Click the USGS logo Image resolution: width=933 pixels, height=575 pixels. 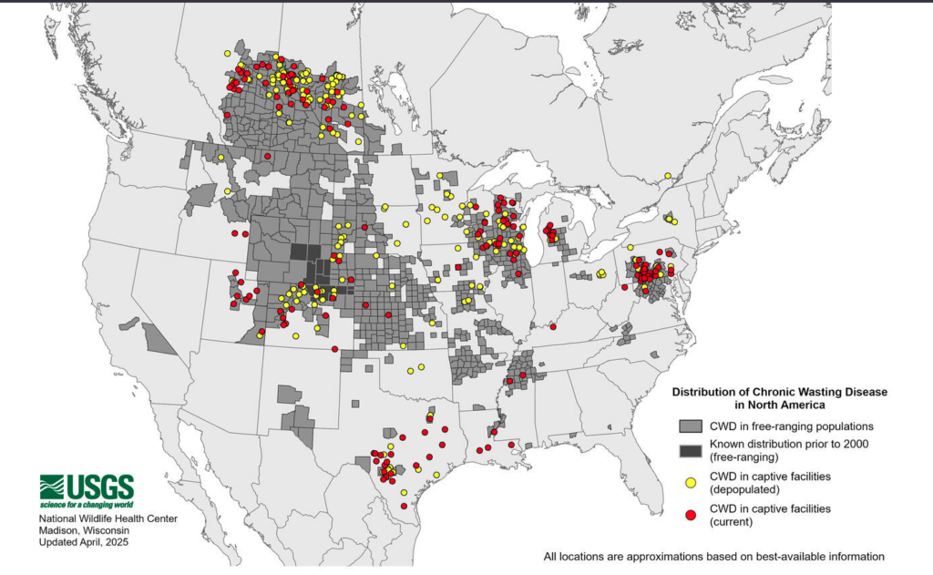pos(87,487)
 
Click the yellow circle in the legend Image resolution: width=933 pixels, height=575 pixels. pos(690,481)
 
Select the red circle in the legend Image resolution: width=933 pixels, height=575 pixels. pos(690,515)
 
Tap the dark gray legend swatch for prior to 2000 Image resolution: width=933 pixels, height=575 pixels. pos(690,450)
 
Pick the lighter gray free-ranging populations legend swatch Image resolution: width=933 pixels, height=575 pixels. pos(690,426)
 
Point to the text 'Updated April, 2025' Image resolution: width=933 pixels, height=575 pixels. pos(84,542)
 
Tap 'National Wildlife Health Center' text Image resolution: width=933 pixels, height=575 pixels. pos(108,519)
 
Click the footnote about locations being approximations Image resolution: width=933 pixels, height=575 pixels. pos(713,556)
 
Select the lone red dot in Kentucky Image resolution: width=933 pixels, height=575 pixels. pos(554,326)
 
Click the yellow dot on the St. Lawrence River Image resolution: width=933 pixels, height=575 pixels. pos(668,176)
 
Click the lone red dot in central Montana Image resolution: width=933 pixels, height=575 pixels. pos(267,157)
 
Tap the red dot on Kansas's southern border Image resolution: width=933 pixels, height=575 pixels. pos(334,349)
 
